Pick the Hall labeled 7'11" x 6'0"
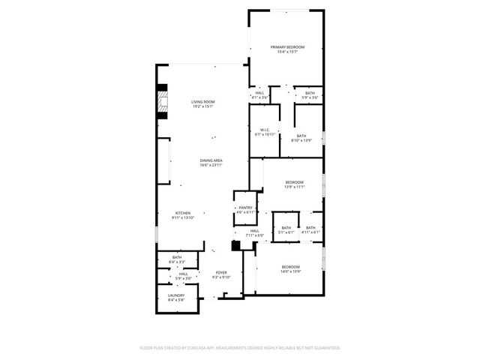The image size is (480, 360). [254, 232]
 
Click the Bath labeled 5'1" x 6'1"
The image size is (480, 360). [286, 229]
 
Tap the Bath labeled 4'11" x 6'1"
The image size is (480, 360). [310, 229]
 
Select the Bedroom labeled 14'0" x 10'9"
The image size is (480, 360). [290, 269]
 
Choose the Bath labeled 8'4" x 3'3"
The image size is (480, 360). [177, 259]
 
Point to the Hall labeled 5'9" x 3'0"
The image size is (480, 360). [183, 276]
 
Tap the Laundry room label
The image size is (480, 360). [176, 298]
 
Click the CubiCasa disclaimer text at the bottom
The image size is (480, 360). [240, 348]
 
